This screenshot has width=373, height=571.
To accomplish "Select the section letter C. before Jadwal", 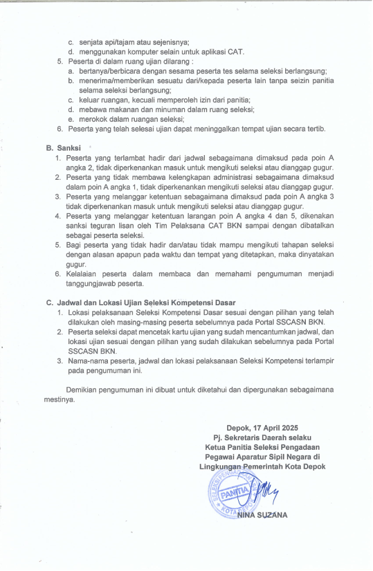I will [50, 302].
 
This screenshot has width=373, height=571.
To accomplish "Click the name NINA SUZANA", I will [263, 515].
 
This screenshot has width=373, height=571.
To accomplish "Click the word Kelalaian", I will [84, 273].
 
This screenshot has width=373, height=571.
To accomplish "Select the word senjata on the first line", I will [92, 41].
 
